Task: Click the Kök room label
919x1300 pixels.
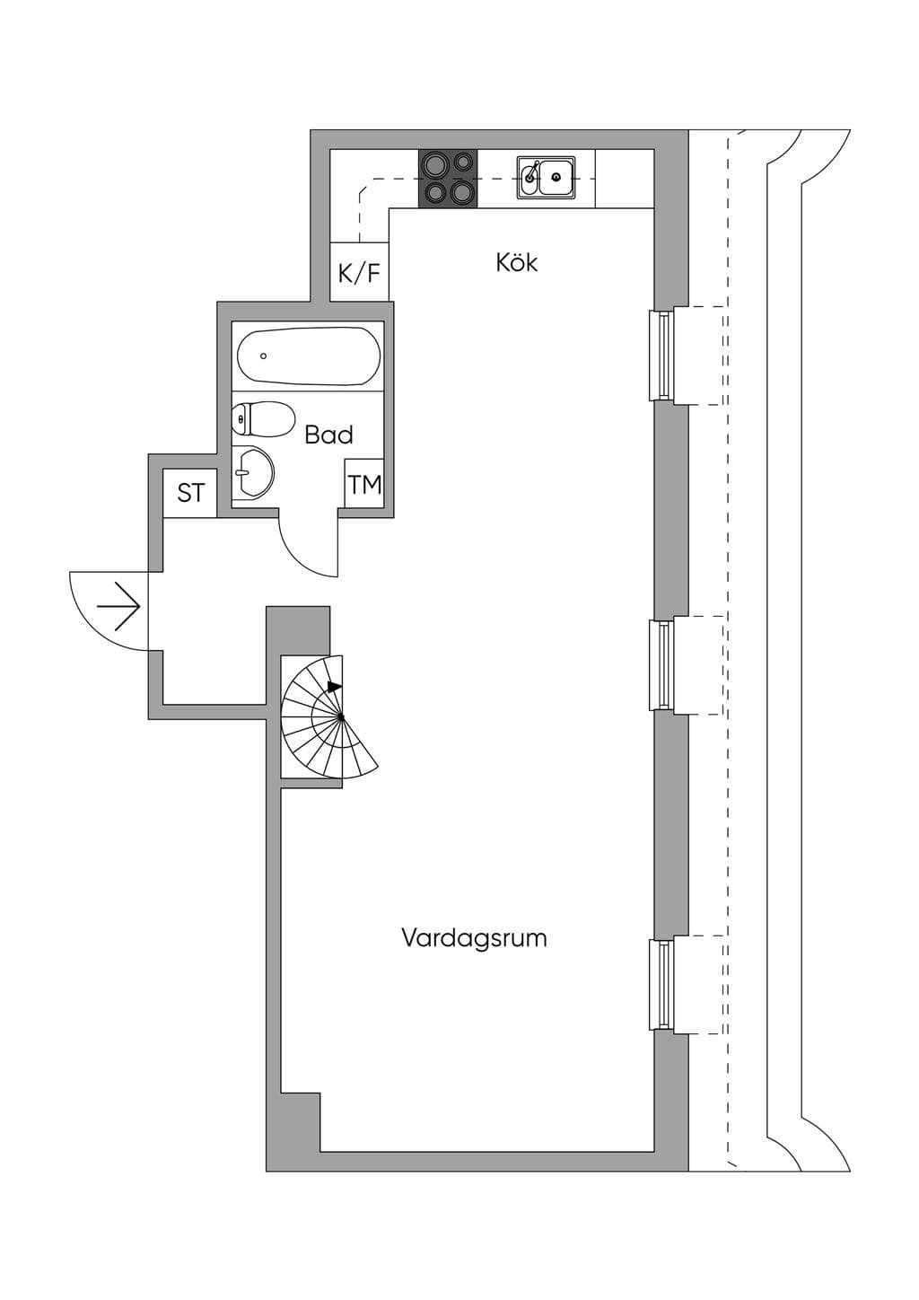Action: point(516,262)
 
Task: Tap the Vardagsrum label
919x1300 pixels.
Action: point(474,938)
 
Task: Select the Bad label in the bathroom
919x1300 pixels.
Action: point(329,435)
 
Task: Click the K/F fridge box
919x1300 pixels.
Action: point(359,272)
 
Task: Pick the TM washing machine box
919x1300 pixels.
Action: point(364,484)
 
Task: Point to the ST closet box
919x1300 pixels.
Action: point(190,493)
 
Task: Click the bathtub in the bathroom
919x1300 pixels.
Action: point(310,356)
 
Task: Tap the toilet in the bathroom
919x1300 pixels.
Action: point(263,419)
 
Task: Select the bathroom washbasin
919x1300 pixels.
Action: point(253,472)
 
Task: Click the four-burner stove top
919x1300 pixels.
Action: point(448,178)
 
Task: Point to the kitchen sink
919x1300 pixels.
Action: point(546,177)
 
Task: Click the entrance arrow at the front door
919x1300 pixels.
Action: point(119,607)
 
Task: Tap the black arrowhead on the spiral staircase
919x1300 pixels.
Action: point(335,687)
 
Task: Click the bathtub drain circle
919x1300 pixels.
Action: point(263,356)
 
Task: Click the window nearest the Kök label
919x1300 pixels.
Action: point(661,356)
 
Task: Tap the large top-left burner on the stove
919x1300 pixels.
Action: point(433,165)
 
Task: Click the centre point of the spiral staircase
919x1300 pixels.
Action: point(341,718)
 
